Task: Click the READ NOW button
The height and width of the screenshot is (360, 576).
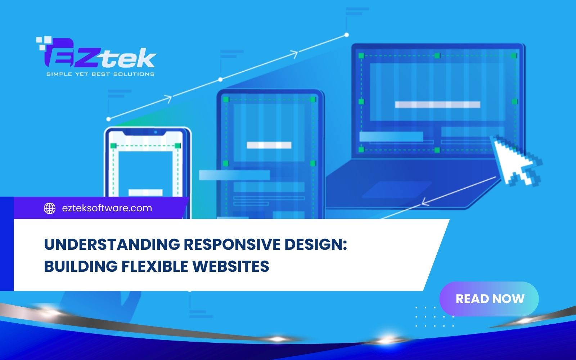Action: (489, 299)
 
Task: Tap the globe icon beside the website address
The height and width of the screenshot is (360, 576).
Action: (50, 208)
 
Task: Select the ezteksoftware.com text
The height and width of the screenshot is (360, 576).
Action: (107, 208)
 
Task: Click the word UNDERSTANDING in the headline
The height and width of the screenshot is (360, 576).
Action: (112, 245)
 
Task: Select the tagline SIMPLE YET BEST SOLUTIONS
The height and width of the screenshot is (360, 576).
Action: (100, 74)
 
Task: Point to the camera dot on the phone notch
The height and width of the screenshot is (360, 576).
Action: (156, 132)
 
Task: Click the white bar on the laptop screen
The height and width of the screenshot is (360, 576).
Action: (437, 105)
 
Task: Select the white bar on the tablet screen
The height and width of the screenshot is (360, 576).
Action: (269, 145)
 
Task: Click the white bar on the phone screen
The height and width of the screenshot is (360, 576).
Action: (145, 193)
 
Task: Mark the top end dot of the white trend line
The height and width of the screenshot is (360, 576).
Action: (346, 35)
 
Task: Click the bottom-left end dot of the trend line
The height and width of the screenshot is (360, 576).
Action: (109, 119)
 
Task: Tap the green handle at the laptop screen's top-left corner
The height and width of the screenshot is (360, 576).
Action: (361, 56)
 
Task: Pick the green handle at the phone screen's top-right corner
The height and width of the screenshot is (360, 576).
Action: (177, 146)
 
